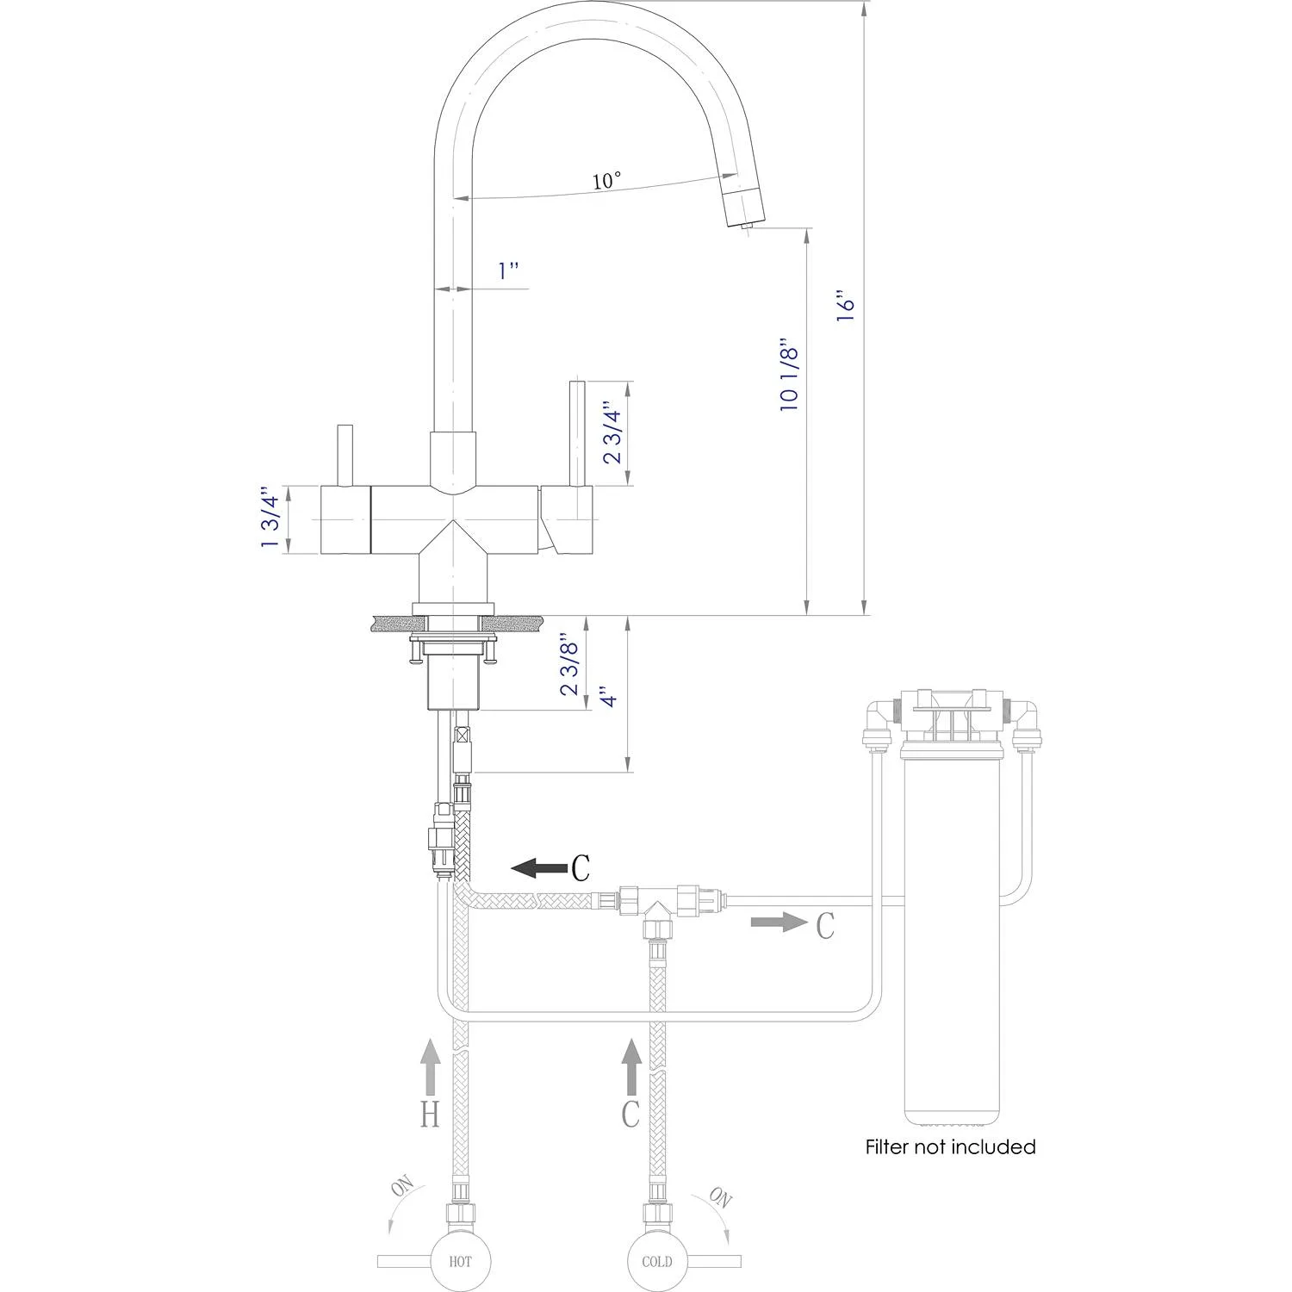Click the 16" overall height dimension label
[846, 308]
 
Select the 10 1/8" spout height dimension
[789, 373]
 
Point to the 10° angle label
[606, 181]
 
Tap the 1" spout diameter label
[508, 270]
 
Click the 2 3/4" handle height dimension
[612, 432]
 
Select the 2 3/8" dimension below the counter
[569, 664]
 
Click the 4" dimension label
[609, 696]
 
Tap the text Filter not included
[950, 1147]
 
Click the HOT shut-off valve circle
[460, 1261]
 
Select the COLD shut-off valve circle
[656, 1261]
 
